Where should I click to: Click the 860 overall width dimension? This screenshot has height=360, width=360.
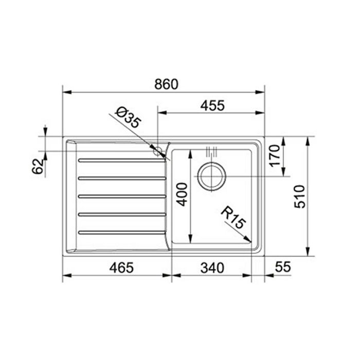tap(166, 84)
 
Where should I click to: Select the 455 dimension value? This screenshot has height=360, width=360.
tap(212, 106)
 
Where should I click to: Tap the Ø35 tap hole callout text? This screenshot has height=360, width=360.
tap(128, 118)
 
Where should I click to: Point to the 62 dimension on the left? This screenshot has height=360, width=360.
tap(38, 166)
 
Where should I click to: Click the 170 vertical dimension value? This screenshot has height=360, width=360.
tap(275, 156)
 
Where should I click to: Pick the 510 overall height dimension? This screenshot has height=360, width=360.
tap(300, 196)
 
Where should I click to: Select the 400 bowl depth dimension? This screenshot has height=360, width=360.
tap(182, 194)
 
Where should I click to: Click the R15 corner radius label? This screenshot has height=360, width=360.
tap(233, 217)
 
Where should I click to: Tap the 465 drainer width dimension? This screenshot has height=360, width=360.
tap(121, 268)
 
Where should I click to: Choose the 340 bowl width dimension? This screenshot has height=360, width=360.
tap(212, 268)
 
